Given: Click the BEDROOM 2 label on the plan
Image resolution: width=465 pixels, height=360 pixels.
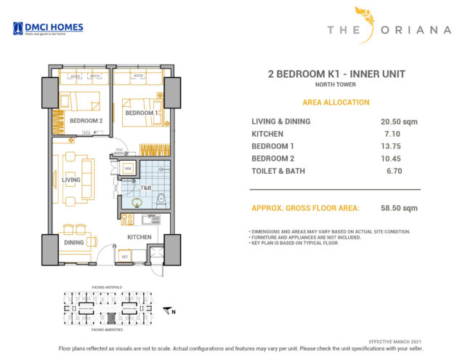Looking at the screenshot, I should pyautogui.click(x=86, y=120).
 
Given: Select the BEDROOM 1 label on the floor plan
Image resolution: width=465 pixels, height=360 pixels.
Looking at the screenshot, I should pyautogui.click(x=141, y=113).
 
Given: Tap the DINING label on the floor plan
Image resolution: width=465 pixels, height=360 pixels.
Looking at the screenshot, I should pyautogui.click(x=73, y=242).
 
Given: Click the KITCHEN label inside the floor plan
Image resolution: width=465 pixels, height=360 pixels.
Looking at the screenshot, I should pyautogui.click(x=139, y=237).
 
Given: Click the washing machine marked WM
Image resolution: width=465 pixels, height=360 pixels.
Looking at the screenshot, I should pyautogui.click(x=128, y=169).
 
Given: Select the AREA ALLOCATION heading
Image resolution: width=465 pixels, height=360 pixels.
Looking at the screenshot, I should pyautogui.click(x=336, y=103).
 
